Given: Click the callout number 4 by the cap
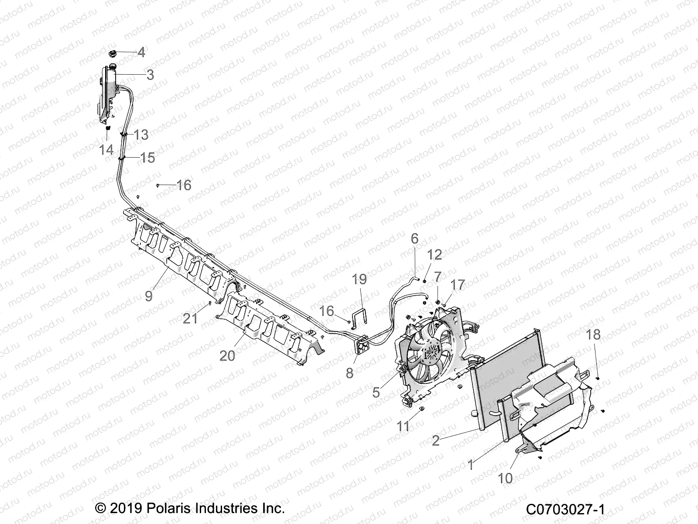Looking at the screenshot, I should click(141, 53).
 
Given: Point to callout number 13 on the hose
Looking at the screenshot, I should click(141, 135).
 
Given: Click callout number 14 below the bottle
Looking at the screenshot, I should click(106, 150).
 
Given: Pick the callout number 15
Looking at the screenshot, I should click(147, 158).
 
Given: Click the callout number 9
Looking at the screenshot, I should click(149, 296).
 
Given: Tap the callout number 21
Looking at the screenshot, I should click(190, 319).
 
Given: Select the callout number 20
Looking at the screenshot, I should click(227, 356).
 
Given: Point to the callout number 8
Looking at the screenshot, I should click(349, 373).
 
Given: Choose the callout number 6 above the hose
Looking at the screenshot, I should click(414, 238).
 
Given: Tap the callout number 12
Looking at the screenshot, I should click(435, 255).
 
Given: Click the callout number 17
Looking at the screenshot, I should click(458, 285).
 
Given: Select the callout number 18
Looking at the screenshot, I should click(593, 335).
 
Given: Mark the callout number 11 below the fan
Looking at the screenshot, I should click(403, 426).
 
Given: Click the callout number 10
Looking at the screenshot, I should click(505, 478).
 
